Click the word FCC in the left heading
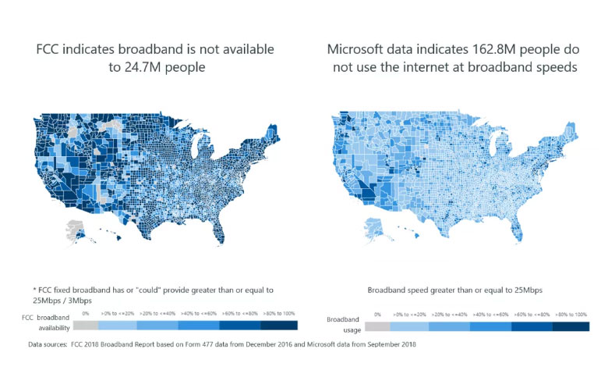(x=50, y=49)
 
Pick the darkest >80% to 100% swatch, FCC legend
(x=277, y=322)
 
